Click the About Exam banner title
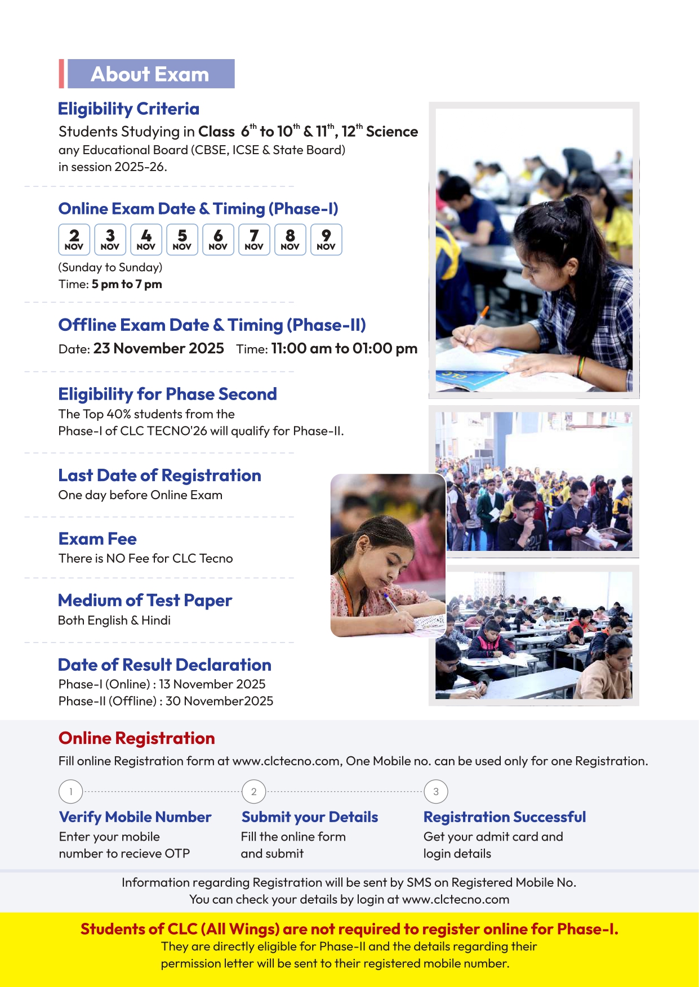click(x=150, y=74)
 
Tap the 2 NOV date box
click(x=74, y=240)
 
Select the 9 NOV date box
click(x=326, y=240)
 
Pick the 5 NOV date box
click(x=182, y=240)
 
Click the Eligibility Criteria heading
click(x=128, y=109)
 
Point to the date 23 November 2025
click(x=158, y=348)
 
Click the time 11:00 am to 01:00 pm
click(x=344, y=348)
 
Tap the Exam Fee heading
click(x=97, y=539)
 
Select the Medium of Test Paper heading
click(x=145, y=600)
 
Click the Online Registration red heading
click(x=136, y=738)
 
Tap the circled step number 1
click(x=71, y=792)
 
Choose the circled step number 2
click(x=253, y=792)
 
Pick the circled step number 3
click(x=436, y=792)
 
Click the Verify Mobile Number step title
click(x=135, y=816)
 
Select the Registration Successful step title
click(x=505, y=816)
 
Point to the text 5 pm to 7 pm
click(x=127, y=284)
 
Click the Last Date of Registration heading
click(x=159, y=475)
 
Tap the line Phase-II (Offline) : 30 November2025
click(x=166, y=701)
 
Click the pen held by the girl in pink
click(x=391, y=603)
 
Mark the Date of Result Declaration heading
click(x=164, y=665)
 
